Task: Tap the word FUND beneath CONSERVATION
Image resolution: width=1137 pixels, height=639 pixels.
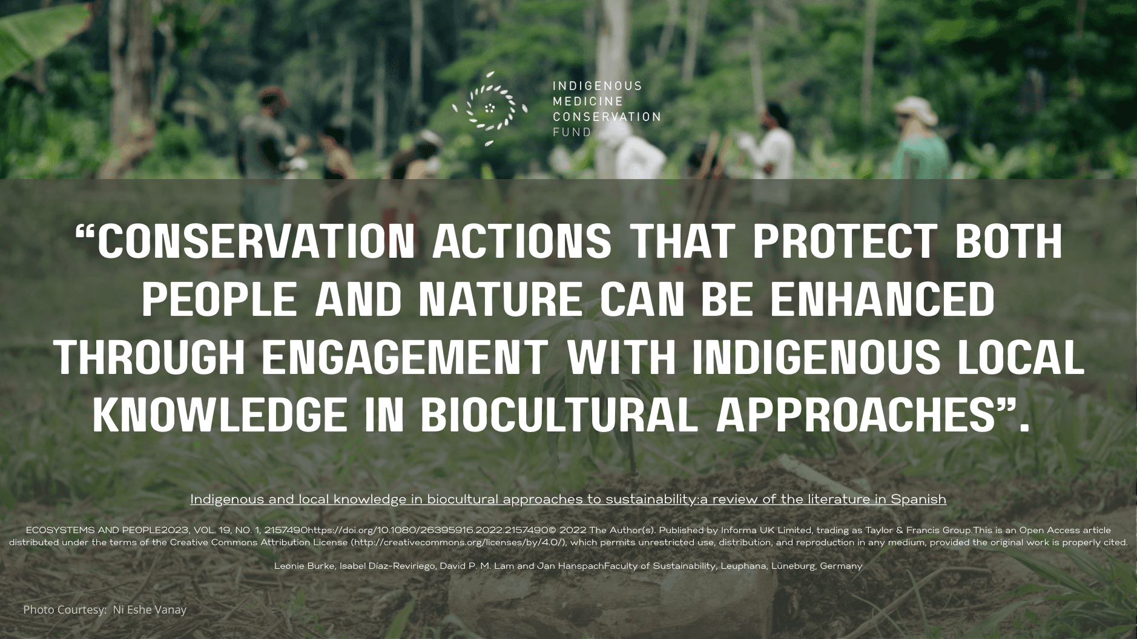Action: click(572, 132)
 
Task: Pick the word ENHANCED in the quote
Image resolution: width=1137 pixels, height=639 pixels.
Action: click(883, 299)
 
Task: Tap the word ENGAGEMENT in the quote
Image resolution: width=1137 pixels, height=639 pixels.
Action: click(404, 356)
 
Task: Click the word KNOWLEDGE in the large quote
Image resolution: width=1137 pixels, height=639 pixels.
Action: click(220, 415)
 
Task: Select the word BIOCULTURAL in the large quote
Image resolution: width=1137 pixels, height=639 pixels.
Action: click(559, 415)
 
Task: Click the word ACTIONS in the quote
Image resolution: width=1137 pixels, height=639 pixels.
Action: click(522, 241)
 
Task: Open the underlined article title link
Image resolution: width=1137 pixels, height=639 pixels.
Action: click(568, 499)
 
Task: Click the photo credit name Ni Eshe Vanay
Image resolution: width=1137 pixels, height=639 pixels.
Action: click(150, 610)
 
